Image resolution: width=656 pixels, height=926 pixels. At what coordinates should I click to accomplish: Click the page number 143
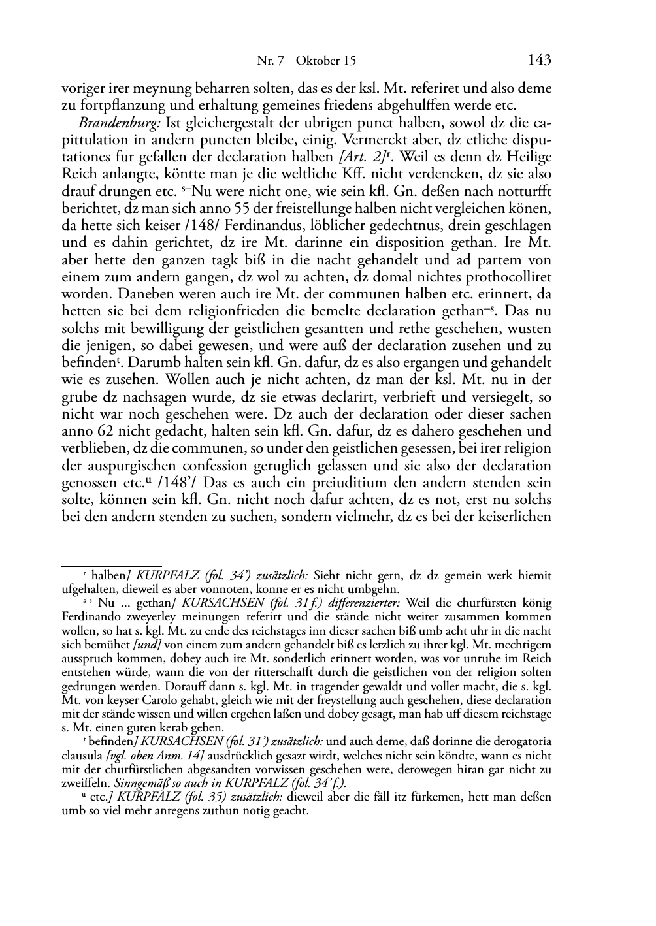click(x=539, y=61)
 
